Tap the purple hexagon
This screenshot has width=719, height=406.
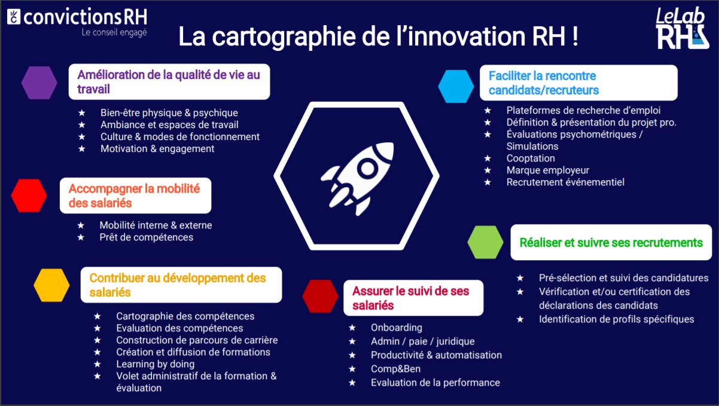pyautogui.click(x=39, y=83)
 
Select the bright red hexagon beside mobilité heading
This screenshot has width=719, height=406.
pyautogui.click(x=29, y=196)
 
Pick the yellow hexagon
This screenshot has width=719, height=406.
pyautogui.click(x=52, y=285)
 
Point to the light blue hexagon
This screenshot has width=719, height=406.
pyautogui.click(x=456, y=86)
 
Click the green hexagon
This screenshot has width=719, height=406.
pyautogui.click(x=485, y=242)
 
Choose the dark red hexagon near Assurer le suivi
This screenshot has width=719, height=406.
pyautogui.click(x=321, y=296)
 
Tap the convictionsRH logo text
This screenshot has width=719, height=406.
pyautogui.click(x=83, y=16)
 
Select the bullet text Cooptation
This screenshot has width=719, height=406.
pyautogui.click(x=531, y=158)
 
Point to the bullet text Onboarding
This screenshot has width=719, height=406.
pyautogui.click(x=396, y=328)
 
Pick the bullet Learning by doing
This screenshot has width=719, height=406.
pyautogui.click(x=155, y=364)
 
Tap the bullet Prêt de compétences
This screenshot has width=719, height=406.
pyautogui.click(x=146, y=237)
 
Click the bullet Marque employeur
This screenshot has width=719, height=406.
pyautogui.click(x=547, y=170)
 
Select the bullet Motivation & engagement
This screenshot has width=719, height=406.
pyautogui.click(x=157, y=149)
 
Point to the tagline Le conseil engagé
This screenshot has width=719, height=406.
pyautogui.click(x=114, y=32)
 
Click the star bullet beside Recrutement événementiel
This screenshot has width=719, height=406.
pyautogui.click(x=488, y=182)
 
